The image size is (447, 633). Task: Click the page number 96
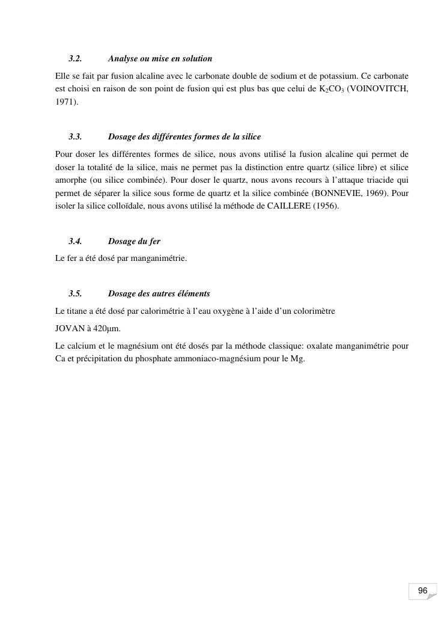tap(422, 591)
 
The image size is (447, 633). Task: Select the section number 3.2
tap(75, 59)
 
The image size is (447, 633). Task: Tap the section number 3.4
tap(75, 241)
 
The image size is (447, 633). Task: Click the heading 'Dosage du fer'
tap(134, 241)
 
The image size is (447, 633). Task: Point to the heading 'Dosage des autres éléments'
tap(159, 294)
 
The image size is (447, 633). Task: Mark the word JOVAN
tap(68, 329)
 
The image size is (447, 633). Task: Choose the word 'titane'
tap(79, 311)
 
